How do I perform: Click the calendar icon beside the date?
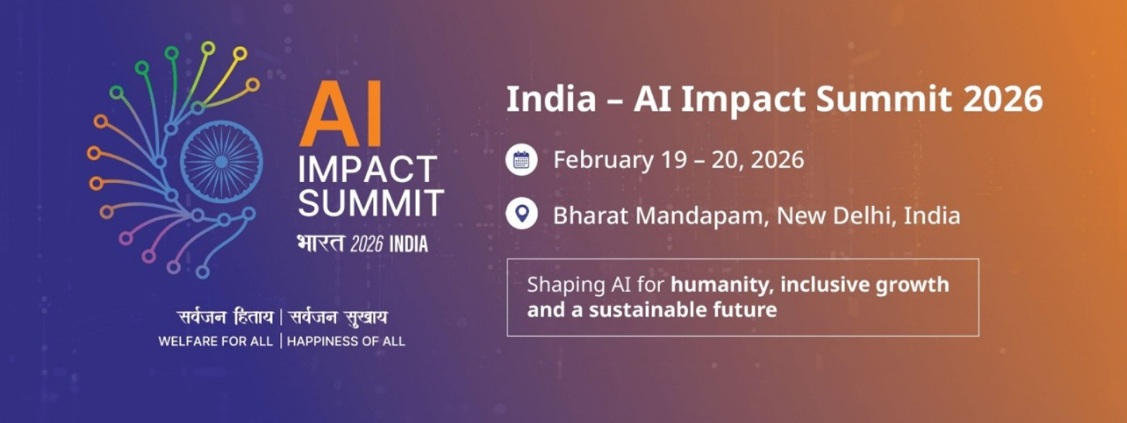pos(521,160)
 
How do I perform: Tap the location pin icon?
pos(521,214)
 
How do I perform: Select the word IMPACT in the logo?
pos(367,170)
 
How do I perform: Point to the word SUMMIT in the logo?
pos(371,203)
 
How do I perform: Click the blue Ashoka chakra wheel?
pos(221,161)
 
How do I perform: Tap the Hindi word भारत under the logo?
pos(320,243)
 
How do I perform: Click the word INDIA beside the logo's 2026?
pos(409,245)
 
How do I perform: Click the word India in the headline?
pos(551,99)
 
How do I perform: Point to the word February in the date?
pos(603,160)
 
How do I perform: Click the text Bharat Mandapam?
pos(658,216)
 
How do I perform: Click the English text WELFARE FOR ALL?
pos(215,341)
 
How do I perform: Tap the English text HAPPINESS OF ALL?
pos(346,341)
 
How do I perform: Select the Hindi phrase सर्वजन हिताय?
pos(225,317)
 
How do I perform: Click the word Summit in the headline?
pos(883,99)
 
